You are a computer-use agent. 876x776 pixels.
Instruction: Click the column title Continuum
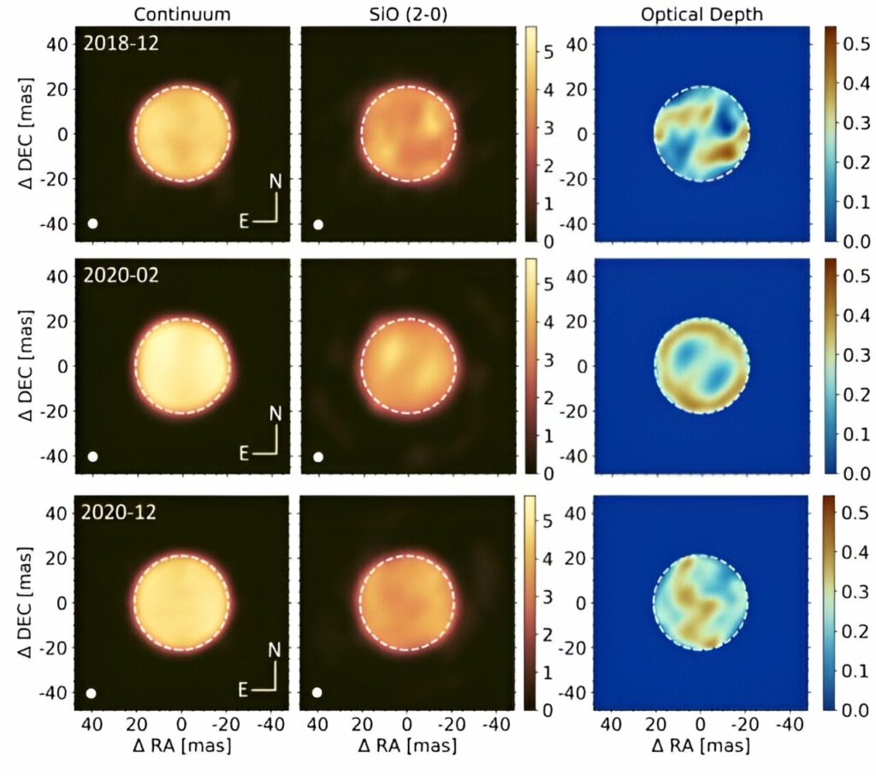coord(181,13)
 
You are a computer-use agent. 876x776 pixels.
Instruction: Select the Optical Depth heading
coord(701,13)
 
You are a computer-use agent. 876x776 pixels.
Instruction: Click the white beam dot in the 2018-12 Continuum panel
coord(93,224)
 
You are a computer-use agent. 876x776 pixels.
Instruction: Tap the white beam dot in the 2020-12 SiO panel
coord(318,692)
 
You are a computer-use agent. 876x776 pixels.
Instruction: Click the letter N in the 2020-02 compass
coord(275,414)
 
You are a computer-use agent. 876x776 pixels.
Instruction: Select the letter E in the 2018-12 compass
coord(244,221)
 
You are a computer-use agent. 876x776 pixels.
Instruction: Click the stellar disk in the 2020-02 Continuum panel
coord(182,365)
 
